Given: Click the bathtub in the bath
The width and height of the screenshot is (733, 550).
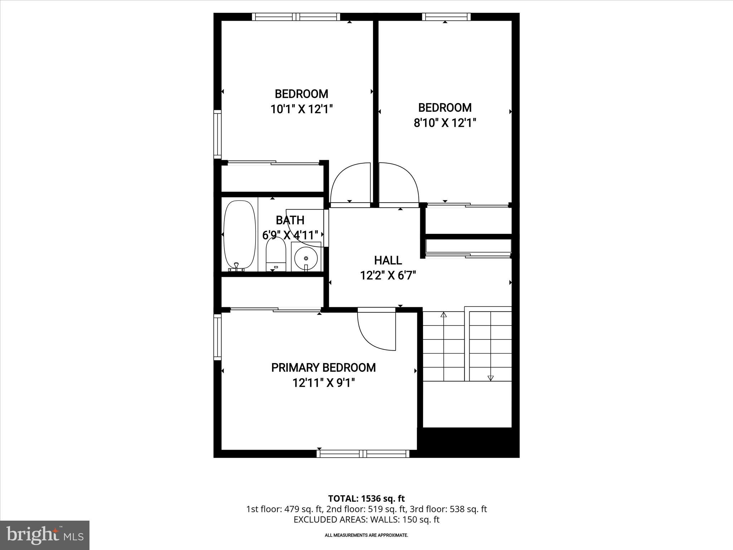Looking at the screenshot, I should pos(240,235).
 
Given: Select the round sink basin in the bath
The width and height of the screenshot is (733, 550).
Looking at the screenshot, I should pos(306,258).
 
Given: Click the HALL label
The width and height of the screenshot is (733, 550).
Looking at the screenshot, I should pos(388,260).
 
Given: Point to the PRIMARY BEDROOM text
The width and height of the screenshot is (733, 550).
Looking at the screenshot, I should pos(323,368).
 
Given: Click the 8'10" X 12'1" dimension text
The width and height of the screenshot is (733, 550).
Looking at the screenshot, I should pos(445,123).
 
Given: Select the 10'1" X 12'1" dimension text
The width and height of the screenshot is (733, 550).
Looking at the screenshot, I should pos(302,109).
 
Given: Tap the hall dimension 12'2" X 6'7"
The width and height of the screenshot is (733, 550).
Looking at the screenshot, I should pos(388,276).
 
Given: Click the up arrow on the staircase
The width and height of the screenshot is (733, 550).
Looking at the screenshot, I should pos(444,315).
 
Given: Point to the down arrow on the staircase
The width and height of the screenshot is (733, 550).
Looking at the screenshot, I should pos(490,377).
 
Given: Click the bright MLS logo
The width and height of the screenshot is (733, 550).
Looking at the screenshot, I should pos(45,535).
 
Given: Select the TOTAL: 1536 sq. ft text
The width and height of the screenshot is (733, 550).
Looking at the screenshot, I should pos(366,498).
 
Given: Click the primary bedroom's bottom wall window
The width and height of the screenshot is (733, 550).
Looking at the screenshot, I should pos(363,454).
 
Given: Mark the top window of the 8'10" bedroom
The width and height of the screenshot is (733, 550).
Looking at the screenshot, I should pos(446,17).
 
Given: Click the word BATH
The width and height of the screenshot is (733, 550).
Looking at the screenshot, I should pos(290,220).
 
